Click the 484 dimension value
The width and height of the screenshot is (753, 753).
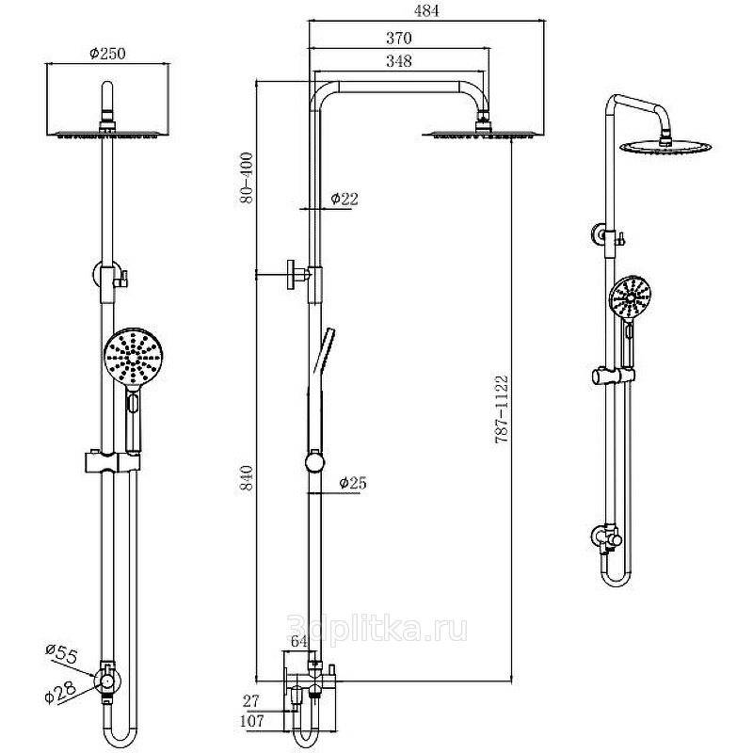pyautogui.click(x=426, y=11)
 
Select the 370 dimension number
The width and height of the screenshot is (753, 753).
pyautogui.click(x=399, y=38)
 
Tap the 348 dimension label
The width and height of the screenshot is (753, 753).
pyautogui.click(x=399, y=61)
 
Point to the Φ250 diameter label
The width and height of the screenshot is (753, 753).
pyautogui.click(x=107, y=54)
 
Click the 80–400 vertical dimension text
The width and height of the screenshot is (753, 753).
pyautogui.click(x=247, y=178)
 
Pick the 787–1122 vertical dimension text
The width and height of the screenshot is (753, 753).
pyautogui.click(x=502, y=409)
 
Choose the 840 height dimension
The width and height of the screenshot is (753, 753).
pyautogui.click(x=247, y=478)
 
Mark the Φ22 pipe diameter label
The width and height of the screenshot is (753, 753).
pyautogui.click(x=344, y=199)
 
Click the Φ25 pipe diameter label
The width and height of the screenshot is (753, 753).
pyautogui.click(x=353, y=483)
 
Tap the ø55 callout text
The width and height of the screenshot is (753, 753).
pyautogui.click(x=61, y=654)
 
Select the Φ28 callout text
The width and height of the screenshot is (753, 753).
pyautogui.click(x=60, y=693)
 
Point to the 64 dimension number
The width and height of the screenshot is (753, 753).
pyautogui.click(x=299, y=641)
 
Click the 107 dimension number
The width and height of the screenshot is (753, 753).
pyautogui.click(x=251, y=721)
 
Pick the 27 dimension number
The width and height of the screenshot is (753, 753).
pyautogui.click(x=250, y=701)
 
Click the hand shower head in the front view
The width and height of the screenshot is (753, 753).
pyautogui.click(x=133, y=358)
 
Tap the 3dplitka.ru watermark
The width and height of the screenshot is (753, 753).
pyautogui.click(x=377, y=629)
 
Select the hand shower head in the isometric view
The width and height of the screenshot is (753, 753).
pyautogui.click(x=630, y=296)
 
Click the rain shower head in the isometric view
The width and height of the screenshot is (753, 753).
pyautogui.click(x=665, y=147)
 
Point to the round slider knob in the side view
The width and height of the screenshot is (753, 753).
pyautogui.click(x=315, y=462)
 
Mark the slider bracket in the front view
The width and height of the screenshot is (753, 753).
pyautogui.click(x=112, y=461)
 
